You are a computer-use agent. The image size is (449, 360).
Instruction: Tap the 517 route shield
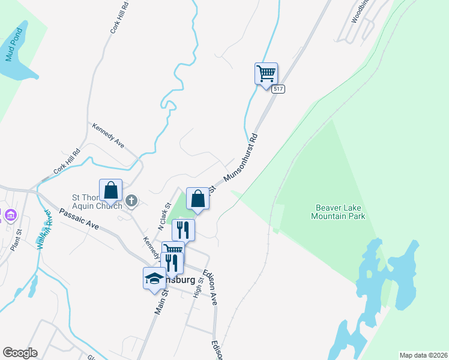pyautogui.click(x=277, y=89)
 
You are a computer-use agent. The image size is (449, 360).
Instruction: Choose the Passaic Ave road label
pyautogui.click(x=79, y=219)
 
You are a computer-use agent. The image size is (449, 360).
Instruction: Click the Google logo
pyautogui.click(x=20, y=352)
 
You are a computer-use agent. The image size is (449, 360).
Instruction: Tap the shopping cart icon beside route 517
pyautogui.click(x=266, y=74)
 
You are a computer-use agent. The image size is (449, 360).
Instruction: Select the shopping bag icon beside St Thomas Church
pyautogui.click(x=111, y=191)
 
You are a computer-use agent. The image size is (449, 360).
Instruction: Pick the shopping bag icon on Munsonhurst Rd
pyautogui.click(x=197, y=199)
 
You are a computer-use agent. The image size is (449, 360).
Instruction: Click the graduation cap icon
pyautogui.click(x=154, y=278)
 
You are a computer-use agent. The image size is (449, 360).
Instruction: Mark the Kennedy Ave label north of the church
pyautogui.click(x=108, y=136)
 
